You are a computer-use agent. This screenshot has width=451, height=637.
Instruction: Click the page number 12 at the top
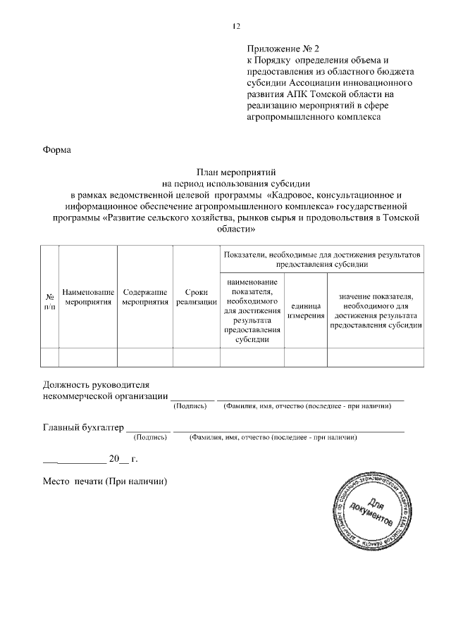click(236, 27)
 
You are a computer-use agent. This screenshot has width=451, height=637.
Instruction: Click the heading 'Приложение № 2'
click(283, 49)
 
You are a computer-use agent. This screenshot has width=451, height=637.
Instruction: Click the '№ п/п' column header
click(49, 302)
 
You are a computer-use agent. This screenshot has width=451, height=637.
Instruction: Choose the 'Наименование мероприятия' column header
click(88, 297)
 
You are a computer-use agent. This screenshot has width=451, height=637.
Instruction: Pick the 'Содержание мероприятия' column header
click(144, 297)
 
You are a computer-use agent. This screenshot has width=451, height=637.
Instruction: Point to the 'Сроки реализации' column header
click(197, 297)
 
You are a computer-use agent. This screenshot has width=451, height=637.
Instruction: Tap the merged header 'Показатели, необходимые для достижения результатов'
click(321, 258)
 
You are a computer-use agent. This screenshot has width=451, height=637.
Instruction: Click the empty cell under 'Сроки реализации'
click(197, 357)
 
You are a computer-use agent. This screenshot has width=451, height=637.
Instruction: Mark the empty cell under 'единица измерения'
click(306, 357)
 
